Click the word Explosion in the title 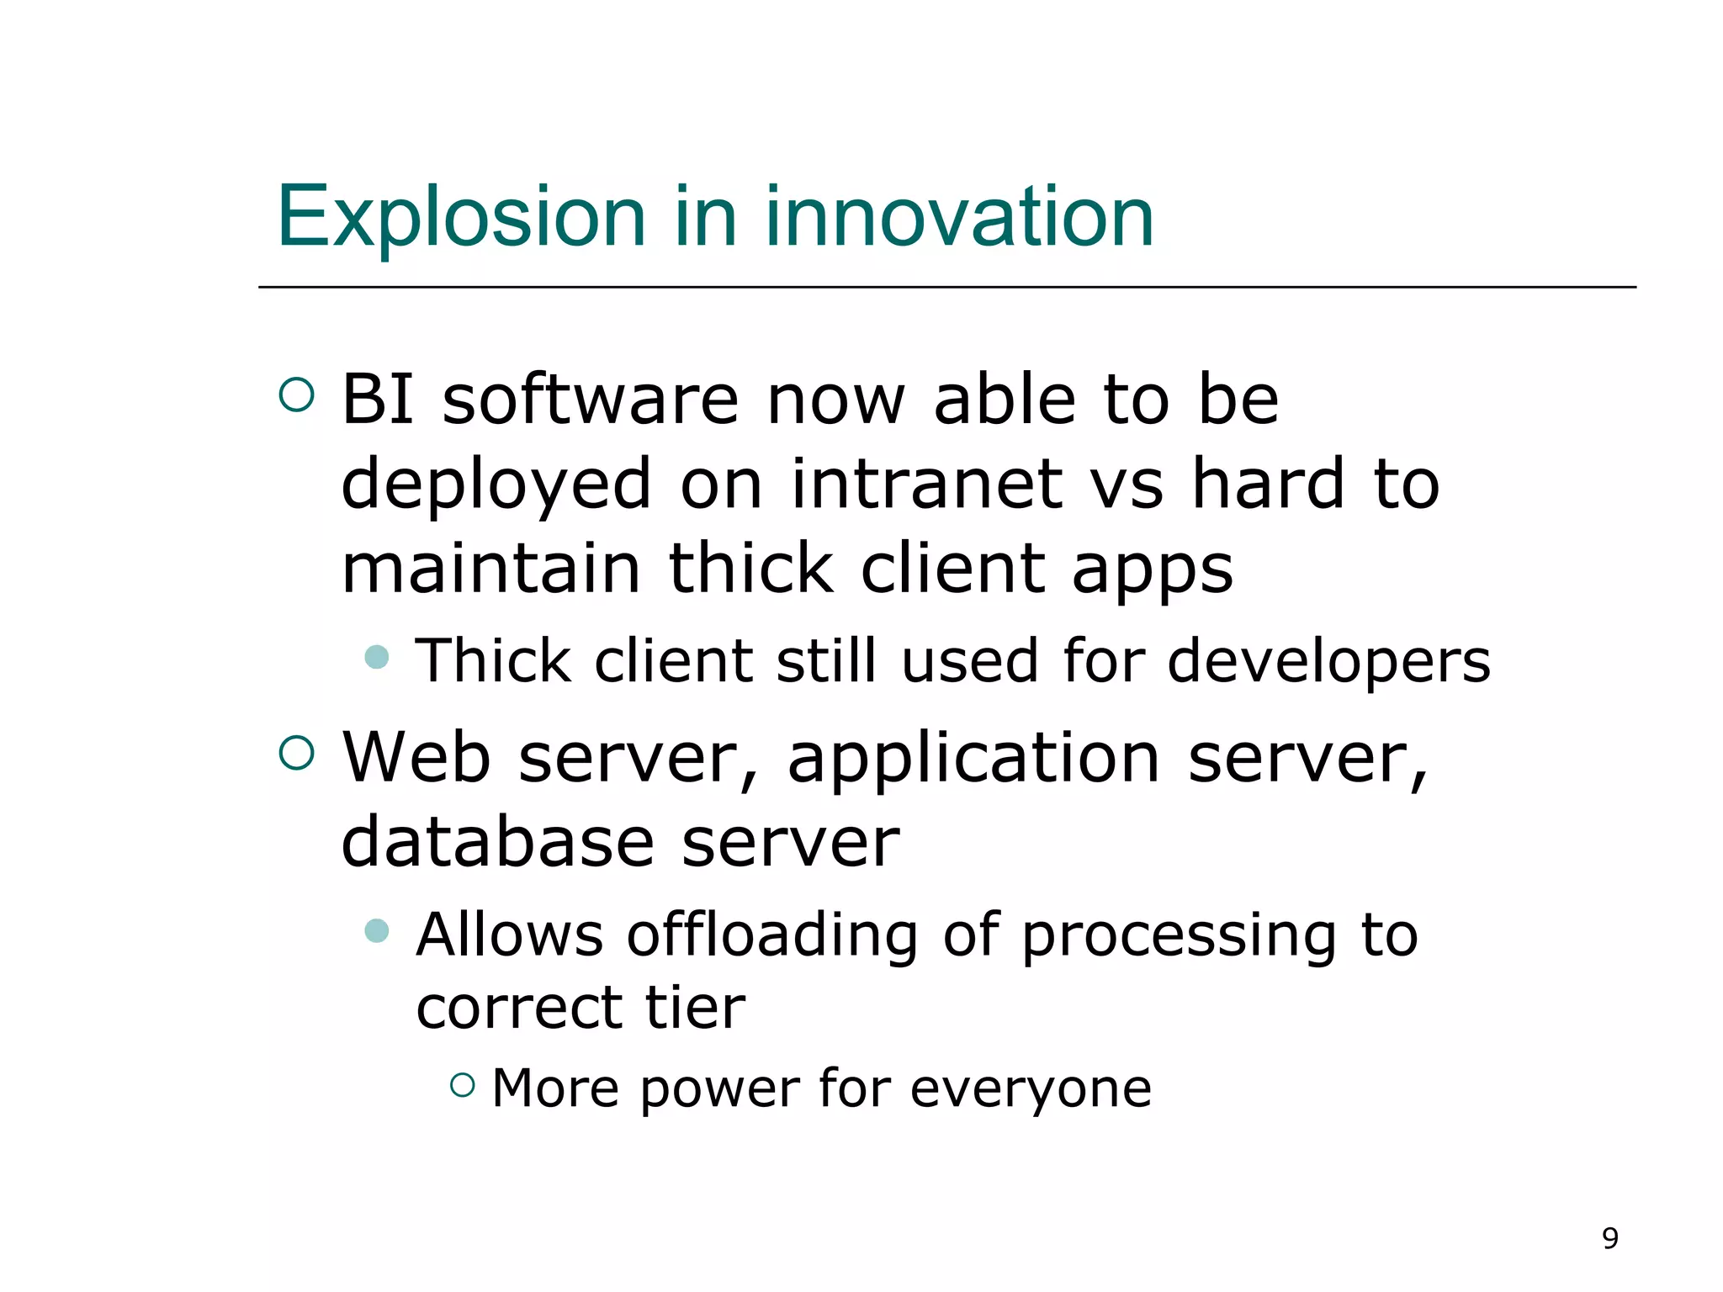pyautogui.click(x=460, y=218)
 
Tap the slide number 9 pyautogui.click(x=1609, y=1238)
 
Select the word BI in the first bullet pyautogui.click(x=378, y=399)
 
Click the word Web pyautogui.click(x=416, y=757)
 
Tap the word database pyautogui.click(x=497, y=843)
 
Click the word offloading pyautogui.click(x=771, y=935)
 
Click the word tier pyautogui.click(x=695, y=1007)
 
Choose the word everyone pyautogui.click(x=1031, y=1089)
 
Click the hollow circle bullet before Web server pyautogui.click(x=296, y=753)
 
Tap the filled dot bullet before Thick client pyautogui.click(x=377, y=657)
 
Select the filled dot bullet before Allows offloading pyautogui.click(x=377, y=930)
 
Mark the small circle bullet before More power pyautogui.click(x=463, y=1085)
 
